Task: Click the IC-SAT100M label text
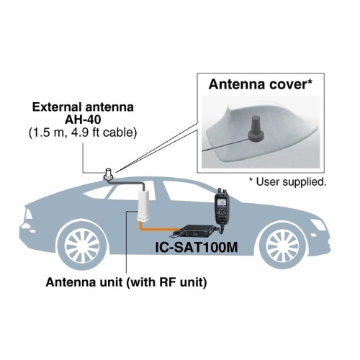coord(197,247)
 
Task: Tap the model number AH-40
coord(83,120)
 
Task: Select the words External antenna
coord(83,107)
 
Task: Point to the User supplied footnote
coord(288,181)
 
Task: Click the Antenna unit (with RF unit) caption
coord(126,282)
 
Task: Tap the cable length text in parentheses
coord(83,132)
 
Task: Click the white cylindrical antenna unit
coord(144,205)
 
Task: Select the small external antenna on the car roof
coord(109,174)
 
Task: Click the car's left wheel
coord(82,246)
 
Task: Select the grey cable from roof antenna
coord(127,184)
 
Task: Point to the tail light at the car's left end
coord(28,214)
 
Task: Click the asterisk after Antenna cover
coord(310,82)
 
